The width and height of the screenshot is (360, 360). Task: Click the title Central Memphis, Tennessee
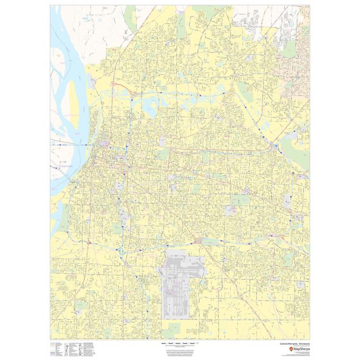click(295, 343)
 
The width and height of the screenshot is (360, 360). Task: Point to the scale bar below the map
click(179, 343)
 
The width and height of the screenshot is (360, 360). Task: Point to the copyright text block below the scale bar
click(179, 352)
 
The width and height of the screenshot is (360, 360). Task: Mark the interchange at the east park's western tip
click(275, 145)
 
